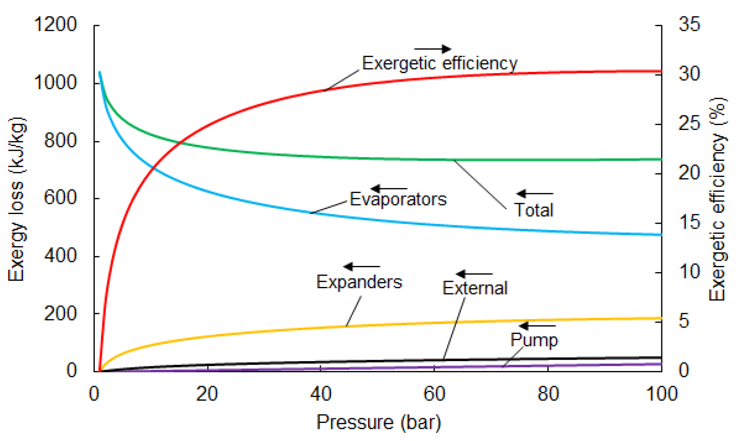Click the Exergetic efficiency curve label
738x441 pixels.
[439, 63]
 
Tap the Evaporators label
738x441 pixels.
[398, 199]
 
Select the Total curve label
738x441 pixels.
[534, 210]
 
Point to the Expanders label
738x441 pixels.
[359, 282]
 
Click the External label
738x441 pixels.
[475, 288]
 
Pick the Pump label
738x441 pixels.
[534, 340]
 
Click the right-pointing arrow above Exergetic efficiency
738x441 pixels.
[433, 49]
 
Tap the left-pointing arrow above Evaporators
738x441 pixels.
[389, 189]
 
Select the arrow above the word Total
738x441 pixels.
[535, 194]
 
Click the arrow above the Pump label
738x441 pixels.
[537, 326]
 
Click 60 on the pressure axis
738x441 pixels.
[434, 394]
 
